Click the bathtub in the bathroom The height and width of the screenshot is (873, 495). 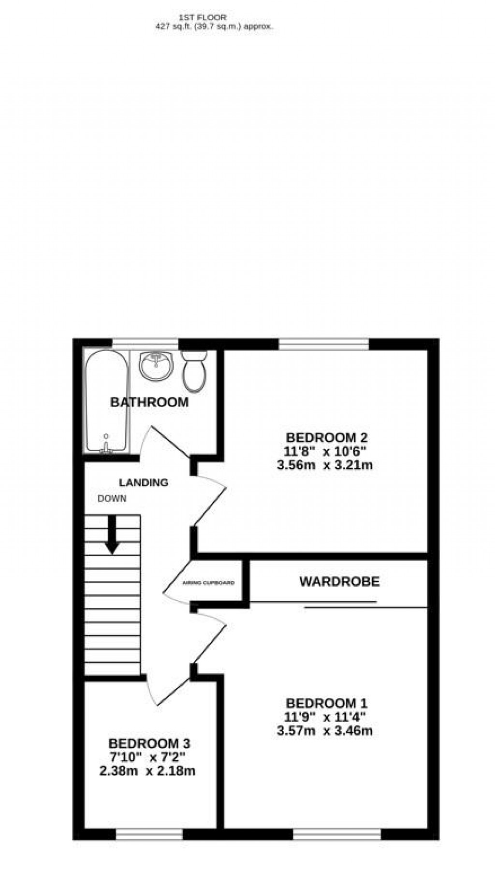point(106,401)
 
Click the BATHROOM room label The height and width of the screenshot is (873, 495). point(149,402)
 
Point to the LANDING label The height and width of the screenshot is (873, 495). point(144,482)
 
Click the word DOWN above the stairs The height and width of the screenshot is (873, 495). point(112,499)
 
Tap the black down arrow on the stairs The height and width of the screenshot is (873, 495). point(113,535)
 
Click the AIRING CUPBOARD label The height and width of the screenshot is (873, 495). point(208,583)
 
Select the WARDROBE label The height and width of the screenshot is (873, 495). point(339,581)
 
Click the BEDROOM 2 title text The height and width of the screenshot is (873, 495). point(327,438)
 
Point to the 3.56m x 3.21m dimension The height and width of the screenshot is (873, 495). point(325,466)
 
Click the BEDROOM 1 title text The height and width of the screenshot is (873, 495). point(327,703)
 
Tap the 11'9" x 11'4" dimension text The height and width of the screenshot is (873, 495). point(325,717)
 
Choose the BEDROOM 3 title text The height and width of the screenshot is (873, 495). point(149,743)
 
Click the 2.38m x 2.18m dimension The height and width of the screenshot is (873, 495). point(147,771)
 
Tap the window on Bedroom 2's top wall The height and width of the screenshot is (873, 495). point(323,344)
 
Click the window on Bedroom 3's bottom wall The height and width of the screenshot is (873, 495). point(149,833)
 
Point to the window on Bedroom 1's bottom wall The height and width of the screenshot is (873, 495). point(336,833)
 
